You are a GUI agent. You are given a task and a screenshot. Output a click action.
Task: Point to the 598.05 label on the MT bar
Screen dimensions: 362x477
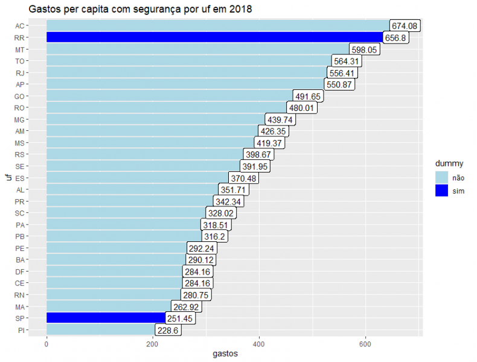pyautogui.click(x=365, y=49)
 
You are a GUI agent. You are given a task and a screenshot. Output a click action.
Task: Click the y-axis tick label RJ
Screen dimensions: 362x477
pyautogui.click(x=20, y=73)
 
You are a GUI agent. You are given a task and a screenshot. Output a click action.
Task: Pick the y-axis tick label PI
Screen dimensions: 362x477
pyautogui.click(x=21, y=330)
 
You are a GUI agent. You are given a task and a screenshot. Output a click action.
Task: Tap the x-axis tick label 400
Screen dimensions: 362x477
pyautogui.click(x=259, y=343)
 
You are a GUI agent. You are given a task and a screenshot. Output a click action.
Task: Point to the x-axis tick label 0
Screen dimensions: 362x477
pyautogui.click(x=46, y=343)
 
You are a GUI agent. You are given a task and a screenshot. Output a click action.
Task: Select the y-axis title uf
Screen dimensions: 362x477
pyautogui.click(x=7, y=177)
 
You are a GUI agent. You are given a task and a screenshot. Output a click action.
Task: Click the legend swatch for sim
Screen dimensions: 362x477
pyautogui.click(x=441, y=190)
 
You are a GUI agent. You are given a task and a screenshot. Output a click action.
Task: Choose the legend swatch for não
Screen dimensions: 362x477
pyautogui.click(x=441, y=177)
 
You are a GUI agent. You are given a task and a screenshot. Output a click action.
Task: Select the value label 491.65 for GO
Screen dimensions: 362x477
pyautogui.click(x=309, y=97)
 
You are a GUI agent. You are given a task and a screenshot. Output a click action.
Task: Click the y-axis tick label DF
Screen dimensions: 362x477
pyautogui.click(x=20, y=271)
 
